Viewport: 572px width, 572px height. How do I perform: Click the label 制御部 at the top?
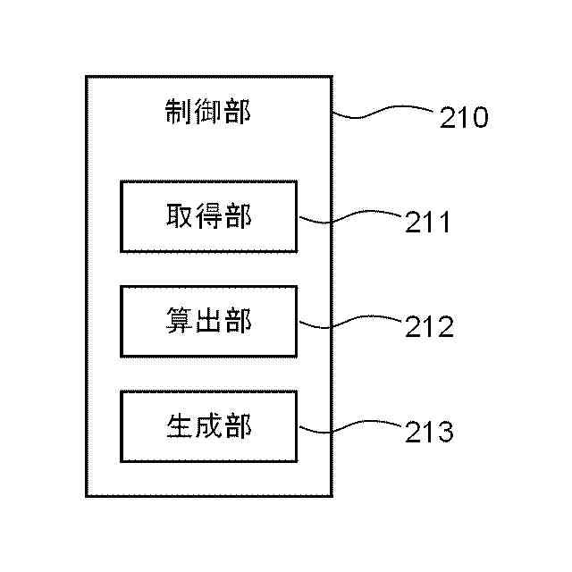[208, 112]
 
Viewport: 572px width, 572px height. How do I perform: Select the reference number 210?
[464, 117]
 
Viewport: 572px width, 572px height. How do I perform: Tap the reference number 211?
[428, 221]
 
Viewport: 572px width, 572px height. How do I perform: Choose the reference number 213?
[429, 433]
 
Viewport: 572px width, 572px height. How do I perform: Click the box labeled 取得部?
[208, 216]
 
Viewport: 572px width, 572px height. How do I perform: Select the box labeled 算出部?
[208, 322]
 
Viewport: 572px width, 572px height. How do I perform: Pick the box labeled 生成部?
[208, 426]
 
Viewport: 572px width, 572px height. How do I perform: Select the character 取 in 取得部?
[180, 216]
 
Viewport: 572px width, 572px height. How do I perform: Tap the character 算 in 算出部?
[180, 322]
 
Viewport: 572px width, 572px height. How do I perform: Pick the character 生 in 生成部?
[180, 426]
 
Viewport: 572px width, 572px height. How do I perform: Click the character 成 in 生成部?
[208, 426]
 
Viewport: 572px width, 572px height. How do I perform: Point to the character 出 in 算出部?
[208, 322]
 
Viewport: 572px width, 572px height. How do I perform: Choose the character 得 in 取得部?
[208, 216]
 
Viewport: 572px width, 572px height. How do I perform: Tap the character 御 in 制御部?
[208, 112]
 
